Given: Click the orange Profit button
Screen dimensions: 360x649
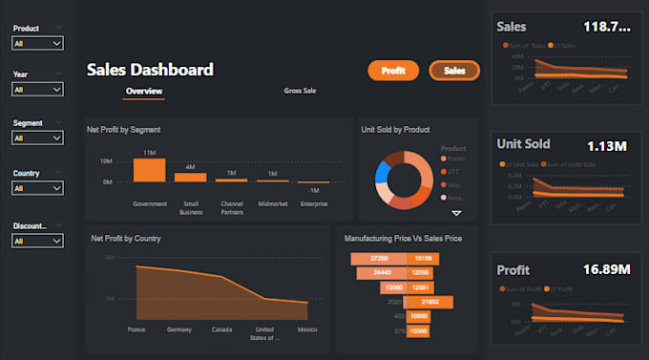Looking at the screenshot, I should tap(393, 71).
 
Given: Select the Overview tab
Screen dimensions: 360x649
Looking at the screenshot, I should tap(144, 92).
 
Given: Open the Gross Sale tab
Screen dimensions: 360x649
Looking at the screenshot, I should tap(300, 92).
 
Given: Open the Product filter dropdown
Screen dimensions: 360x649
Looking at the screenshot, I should tap(37, 43).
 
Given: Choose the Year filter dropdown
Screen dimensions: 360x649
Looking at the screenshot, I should tap(37, 90).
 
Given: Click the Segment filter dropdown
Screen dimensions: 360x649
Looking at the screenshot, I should tap(37, 138).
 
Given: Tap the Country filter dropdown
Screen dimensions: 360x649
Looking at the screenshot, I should tap(37, 189).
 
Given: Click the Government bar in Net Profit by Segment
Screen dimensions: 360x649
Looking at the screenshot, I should tap(150, 170).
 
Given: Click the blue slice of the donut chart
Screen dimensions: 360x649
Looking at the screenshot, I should tap(384, 173).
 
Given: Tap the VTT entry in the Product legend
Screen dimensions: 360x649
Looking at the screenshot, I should tap(453, 172).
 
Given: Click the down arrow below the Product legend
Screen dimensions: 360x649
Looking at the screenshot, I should tap(456, 213).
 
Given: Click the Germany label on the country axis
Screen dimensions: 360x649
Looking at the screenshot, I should tap(180, 330).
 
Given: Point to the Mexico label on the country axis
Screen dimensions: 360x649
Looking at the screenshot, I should tap(307, 330).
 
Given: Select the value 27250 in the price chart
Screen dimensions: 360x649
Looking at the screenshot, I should tap(379, 259).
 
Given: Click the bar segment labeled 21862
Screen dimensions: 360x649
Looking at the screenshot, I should tap(429, 302).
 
